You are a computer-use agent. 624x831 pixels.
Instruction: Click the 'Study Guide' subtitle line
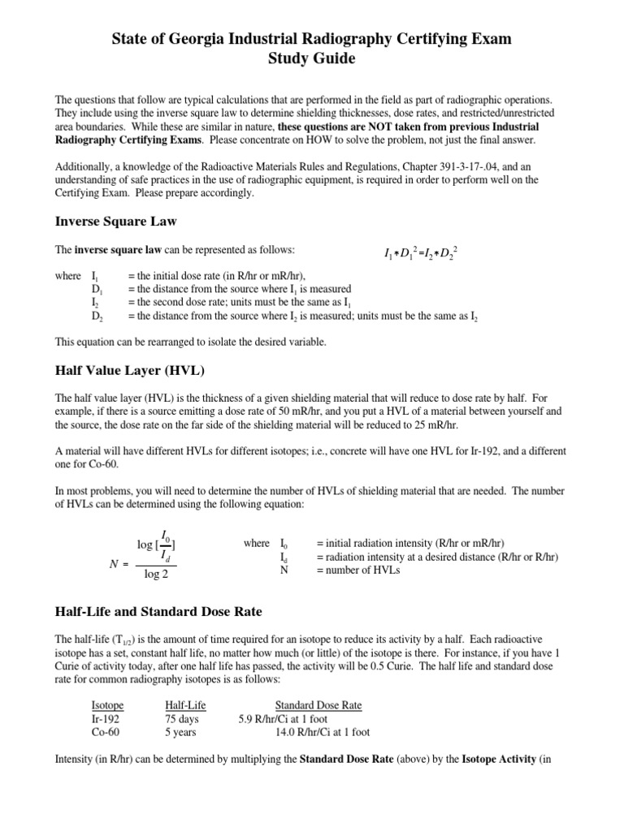tap(311, 59)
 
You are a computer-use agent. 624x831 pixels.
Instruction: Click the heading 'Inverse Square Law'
tap(115, 221)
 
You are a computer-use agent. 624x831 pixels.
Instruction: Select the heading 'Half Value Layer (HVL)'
tap(129, 371)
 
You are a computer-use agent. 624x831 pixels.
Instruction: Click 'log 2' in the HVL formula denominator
tap(157, 575)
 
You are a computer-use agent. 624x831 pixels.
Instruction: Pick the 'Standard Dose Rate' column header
tap(318, 705)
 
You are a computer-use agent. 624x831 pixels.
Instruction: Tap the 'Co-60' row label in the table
tap(106, 731)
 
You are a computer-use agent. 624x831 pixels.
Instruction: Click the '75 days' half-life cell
tap(182, 718)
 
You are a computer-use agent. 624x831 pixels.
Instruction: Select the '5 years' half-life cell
tap(181, 731)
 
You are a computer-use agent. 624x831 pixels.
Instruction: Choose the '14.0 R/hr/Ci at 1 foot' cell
tap(323, 731)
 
